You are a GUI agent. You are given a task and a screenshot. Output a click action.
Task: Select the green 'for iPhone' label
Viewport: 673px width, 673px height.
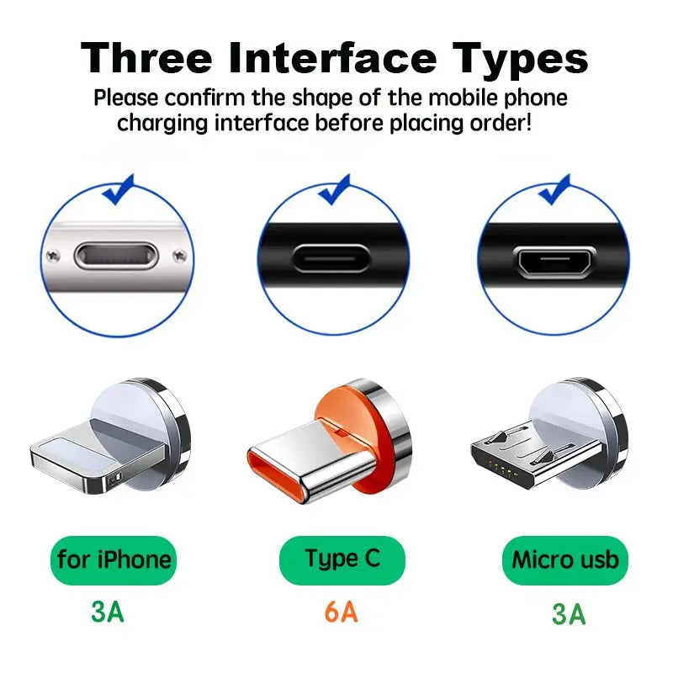(x=114, y=559)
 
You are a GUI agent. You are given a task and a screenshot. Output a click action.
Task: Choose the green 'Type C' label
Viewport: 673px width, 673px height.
(x=342, y=559)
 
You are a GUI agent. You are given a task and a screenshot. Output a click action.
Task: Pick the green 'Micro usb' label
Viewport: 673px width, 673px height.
(x=564, y=559)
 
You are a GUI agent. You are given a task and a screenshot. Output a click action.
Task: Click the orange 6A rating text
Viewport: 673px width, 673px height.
(x=341, y=612)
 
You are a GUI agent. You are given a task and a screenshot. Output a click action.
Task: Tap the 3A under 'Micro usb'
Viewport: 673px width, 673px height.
(x=569, y=614)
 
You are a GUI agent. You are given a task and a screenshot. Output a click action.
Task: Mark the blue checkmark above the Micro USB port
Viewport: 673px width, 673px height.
(x=554, y=189)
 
